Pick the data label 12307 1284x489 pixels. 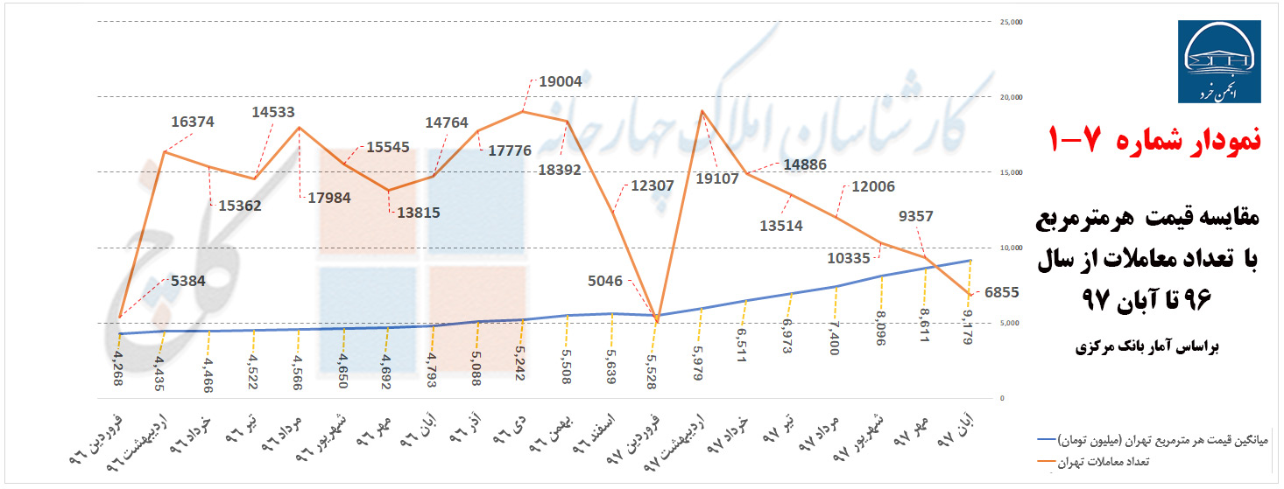tap(652, 185)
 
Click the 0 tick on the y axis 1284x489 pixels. tap(1003, 398)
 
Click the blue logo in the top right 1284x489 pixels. tap(1219, 63)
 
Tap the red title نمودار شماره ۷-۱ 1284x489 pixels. tap(1153, 139)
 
